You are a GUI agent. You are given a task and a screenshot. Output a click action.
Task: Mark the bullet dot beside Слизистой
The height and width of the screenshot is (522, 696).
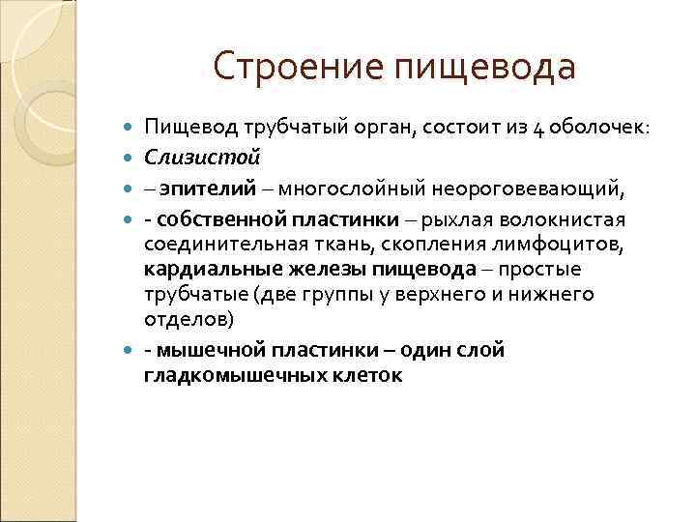tap(130, 155)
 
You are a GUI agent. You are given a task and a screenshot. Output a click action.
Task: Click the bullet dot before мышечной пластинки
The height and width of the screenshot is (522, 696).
tap(130, 350)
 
